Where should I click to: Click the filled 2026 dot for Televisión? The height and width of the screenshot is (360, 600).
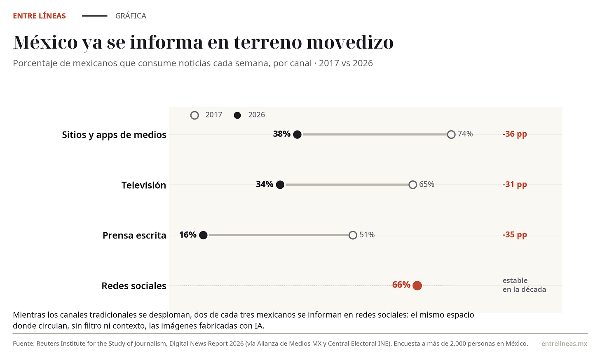[280, 185]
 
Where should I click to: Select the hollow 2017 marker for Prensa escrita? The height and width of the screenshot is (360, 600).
[353, 235]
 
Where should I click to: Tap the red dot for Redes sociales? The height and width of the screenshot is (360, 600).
[417, 285]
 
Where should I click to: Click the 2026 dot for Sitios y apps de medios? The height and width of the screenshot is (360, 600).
[297, 134]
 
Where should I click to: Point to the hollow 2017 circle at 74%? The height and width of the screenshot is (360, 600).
[451, 134]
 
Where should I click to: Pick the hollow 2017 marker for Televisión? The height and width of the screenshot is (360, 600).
[413, 185]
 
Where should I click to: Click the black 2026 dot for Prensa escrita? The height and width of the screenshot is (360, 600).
[203, 235]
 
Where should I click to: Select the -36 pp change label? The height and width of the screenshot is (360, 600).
[515, 134]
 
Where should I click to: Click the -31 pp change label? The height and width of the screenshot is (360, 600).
[515, 184]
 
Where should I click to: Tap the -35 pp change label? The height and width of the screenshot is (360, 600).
[515, 234]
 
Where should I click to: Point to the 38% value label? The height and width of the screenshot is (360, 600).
[281, 134]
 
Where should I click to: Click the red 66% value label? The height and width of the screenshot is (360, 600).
[401, 285]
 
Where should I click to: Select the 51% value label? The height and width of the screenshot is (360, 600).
[367, 235]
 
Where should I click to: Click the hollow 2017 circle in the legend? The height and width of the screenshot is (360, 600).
[195, 115]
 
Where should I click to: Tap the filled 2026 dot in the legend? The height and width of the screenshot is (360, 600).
[237, 115]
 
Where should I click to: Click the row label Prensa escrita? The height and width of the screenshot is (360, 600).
[134, 235]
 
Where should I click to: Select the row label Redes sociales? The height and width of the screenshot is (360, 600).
[134, 285]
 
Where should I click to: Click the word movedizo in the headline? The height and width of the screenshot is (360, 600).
[350, 42]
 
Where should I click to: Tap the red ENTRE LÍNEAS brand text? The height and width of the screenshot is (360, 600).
[40, 16]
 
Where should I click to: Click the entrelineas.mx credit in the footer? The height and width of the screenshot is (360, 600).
[565, 344]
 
